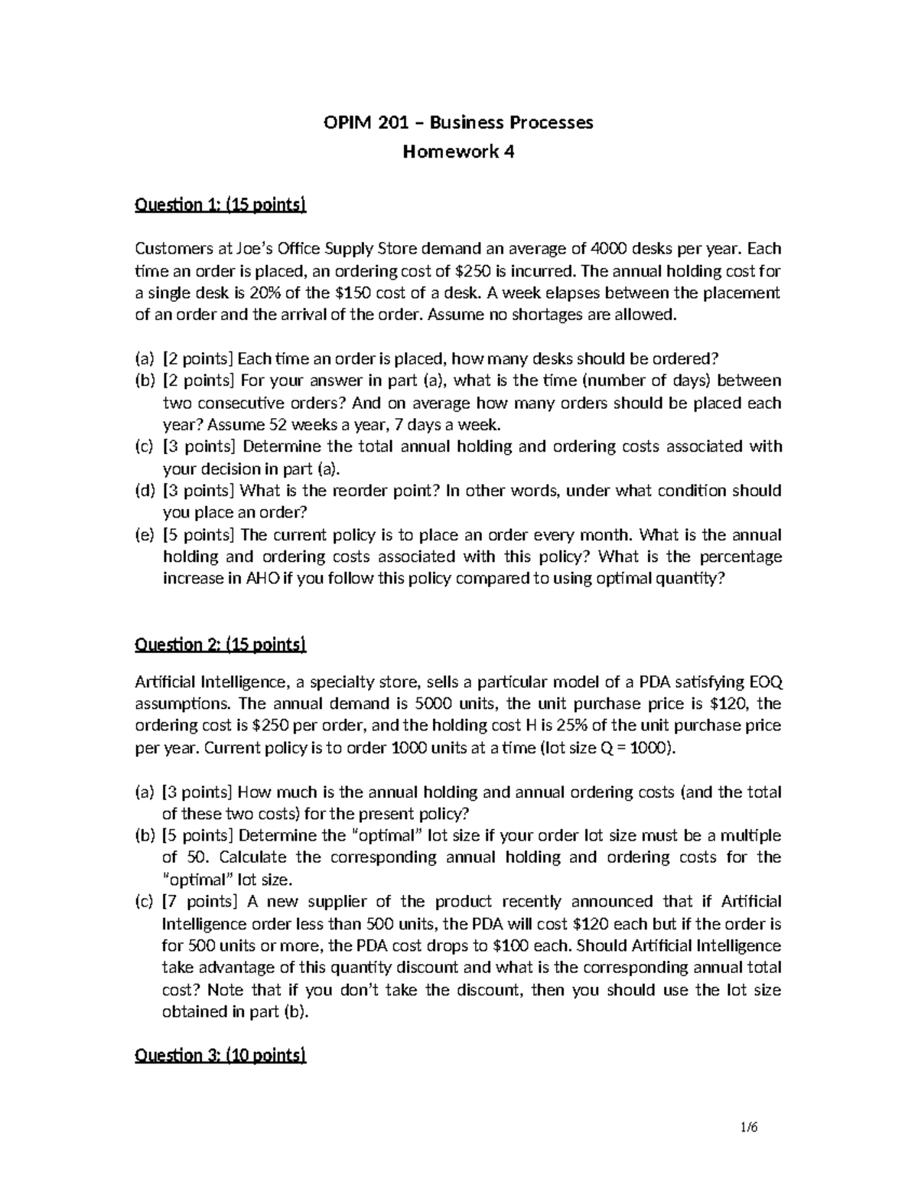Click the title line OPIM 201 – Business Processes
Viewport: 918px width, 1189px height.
[458, 122]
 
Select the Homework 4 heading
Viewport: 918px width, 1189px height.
[458, 152]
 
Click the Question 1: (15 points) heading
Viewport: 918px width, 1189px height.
[220, 204]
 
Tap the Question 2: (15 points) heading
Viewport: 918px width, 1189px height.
[220, 645]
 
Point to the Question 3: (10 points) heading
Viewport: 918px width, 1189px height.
[220, 1056]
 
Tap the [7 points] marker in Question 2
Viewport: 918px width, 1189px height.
[200, 902]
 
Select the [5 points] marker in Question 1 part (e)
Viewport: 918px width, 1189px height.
[200, 534]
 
